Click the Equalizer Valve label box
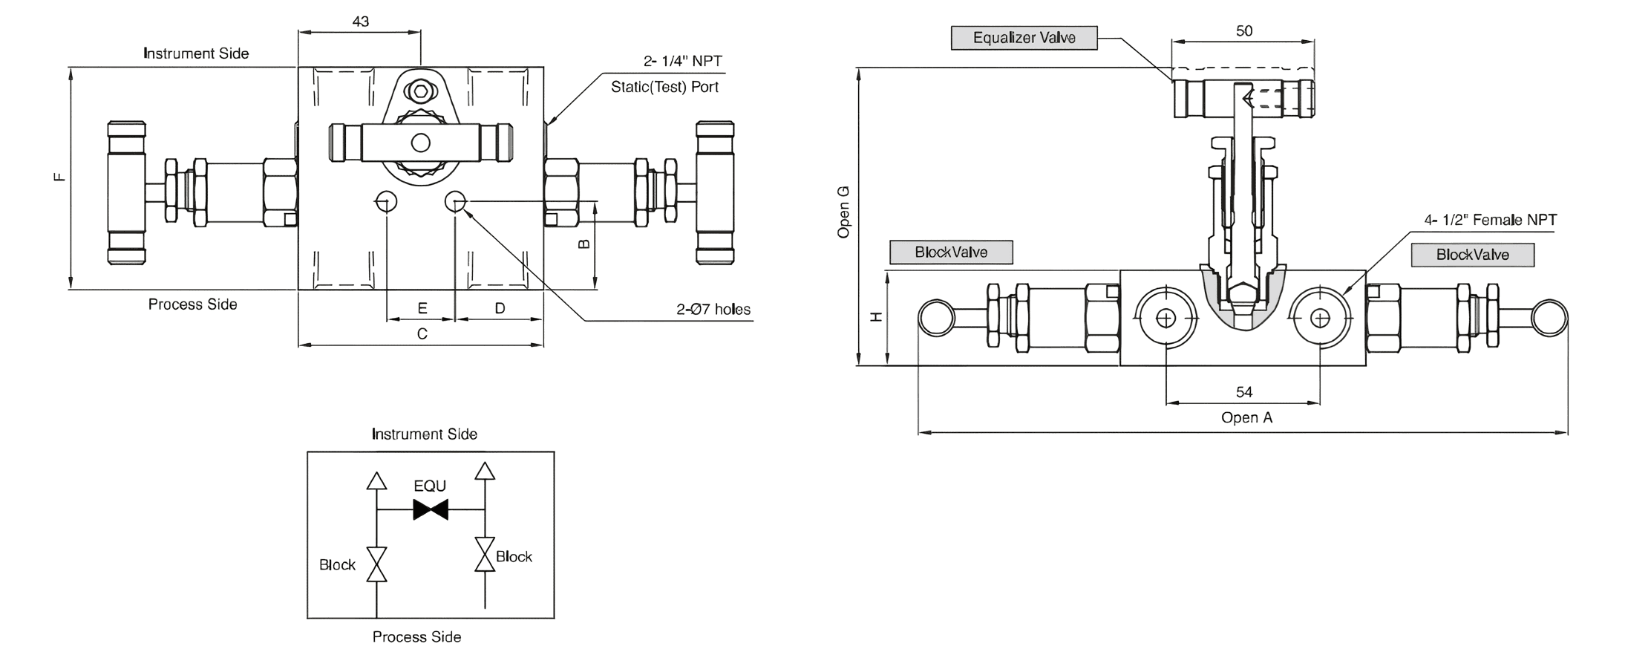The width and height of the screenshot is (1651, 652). click(1024, 38)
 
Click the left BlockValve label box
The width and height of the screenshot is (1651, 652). click(951, 252)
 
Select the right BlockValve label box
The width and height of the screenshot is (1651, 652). click(1472, 255)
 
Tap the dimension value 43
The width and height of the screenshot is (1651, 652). click(360, 21)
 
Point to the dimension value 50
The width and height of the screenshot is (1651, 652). click(1244, 30)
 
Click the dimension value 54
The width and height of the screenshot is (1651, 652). click(1244, 391)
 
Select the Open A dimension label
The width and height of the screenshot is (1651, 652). click(1246, 417)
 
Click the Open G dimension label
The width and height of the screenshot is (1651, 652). click(843, 212)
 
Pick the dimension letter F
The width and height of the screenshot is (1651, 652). click(60, 177)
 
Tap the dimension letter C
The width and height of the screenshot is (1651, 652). click(422, 334)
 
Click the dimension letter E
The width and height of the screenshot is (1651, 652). click(422, 308)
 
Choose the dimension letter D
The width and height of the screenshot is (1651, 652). click(500, 308)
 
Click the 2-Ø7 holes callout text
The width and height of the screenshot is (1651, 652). click(713, 309)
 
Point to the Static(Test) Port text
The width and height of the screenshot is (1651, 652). click(664, 87)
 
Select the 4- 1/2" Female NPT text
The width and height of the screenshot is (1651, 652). click(1490, 220)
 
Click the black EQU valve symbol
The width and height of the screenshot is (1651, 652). click(431, 510)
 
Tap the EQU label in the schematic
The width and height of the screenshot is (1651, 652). click(430, 486)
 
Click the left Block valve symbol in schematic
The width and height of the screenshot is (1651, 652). click(377, 564)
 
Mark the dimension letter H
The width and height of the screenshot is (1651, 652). click(876, 317)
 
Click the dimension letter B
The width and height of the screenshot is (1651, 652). click(583, 244)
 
